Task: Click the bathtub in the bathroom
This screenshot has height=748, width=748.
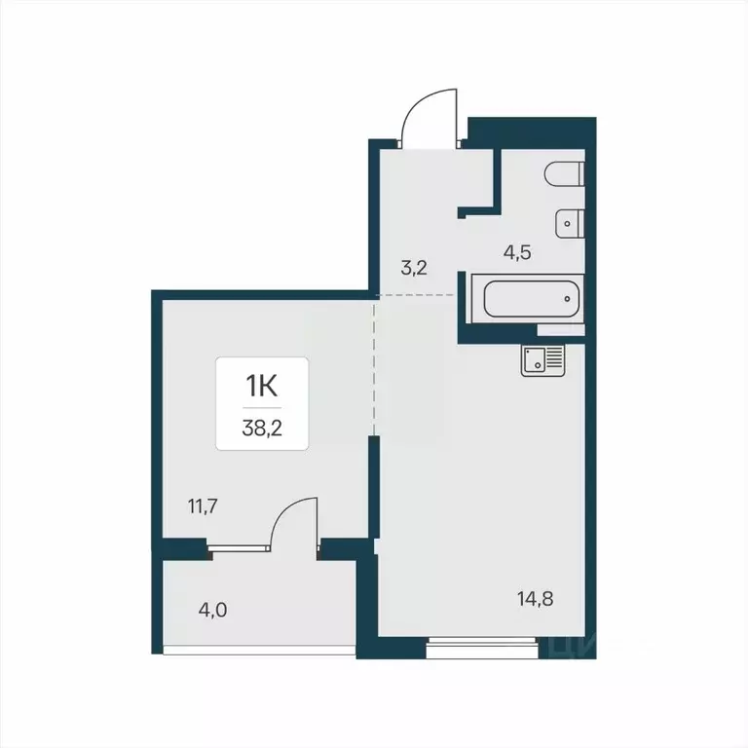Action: [527, 299]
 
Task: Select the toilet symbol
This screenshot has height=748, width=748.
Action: [566, 174]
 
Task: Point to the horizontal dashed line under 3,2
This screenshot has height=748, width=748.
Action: [417, 294]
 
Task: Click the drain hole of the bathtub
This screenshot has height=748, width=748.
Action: [567, 299]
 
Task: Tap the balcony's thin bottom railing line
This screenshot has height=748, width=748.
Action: [259, 651]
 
